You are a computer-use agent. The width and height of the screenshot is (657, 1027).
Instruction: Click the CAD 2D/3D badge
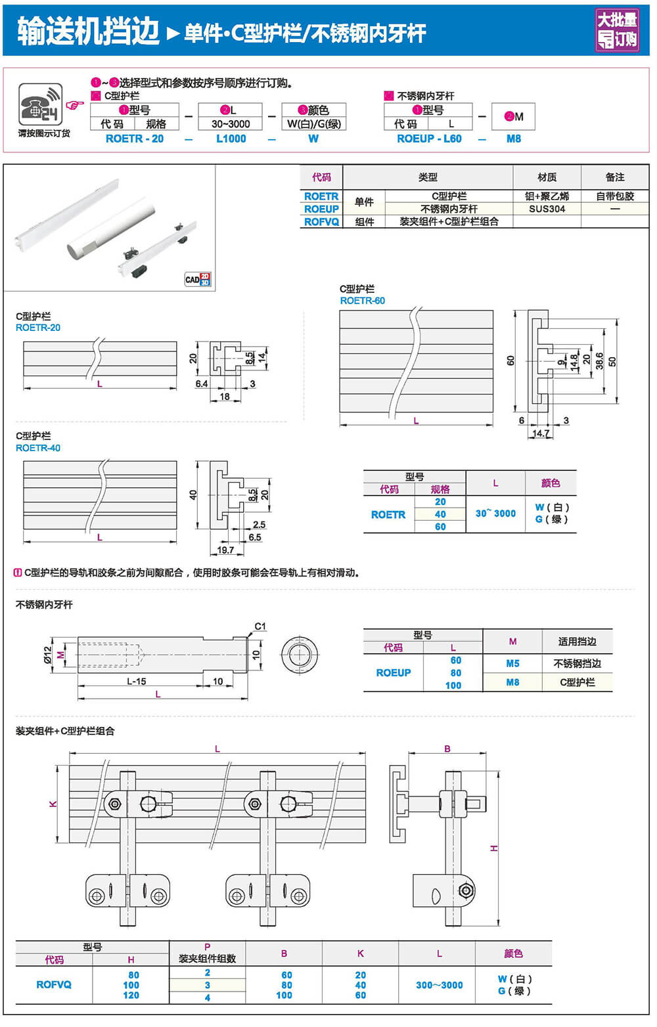(x=198, y=279)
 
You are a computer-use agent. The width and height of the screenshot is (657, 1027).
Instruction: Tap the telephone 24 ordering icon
(x=40, y=104)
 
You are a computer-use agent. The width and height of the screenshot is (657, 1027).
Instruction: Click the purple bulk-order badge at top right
(x=617, y=30)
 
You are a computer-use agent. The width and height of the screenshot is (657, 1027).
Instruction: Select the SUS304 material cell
(x=547, y=209)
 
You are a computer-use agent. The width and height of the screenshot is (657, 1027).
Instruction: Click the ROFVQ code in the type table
(x=321, y=222)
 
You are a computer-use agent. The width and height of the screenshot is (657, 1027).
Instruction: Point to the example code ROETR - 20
(x=135, y=139)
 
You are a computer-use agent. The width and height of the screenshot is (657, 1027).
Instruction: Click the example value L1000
(x=231, y=139)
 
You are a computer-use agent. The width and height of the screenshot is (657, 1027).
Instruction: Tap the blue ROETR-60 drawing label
(x=362, y=301)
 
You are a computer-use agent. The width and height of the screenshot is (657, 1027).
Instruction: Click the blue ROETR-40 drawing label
(x=38, y=448)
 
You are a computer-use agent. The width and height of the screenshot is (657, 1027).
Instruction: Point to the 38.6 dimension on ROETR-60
(x=599, y=361)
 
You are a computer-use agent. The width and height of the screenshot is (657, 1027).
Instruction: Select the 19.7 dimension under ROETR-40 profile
(x=225, y=550)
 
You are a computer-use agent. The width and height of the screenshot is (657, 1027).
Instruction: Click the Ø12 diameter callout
(x=47, y=655)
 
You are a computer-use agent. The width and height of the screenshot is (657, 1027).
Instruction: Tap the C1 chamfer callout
(x=260, y=626)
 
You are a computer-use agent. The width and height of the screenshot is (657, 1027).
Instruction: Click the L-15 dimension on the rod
(x=136, y=682)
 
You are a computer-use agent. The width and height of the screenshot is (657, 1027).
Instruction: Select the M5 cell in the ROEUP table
(x=512, y=663)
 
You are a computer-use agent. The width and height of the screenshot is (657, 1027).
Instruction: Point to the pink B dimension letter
(x=447, y=749)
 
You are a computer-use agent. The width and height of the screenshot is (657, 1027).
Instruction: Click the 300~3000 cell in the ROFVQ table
(x=439, y=985)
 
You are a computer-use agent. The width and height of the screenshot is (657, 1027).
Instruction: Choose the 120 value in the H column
(x=131, y=995)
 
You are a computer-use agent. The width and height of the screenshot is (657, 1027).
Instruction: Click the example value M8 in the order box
(x=513, y=139)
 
